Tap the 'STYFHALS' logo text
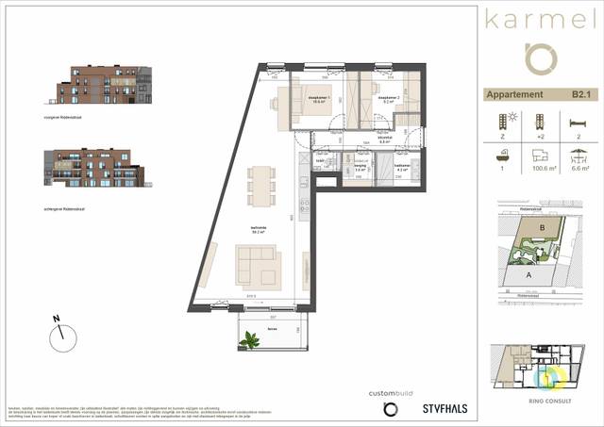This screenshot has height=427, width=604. [444, 408]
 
